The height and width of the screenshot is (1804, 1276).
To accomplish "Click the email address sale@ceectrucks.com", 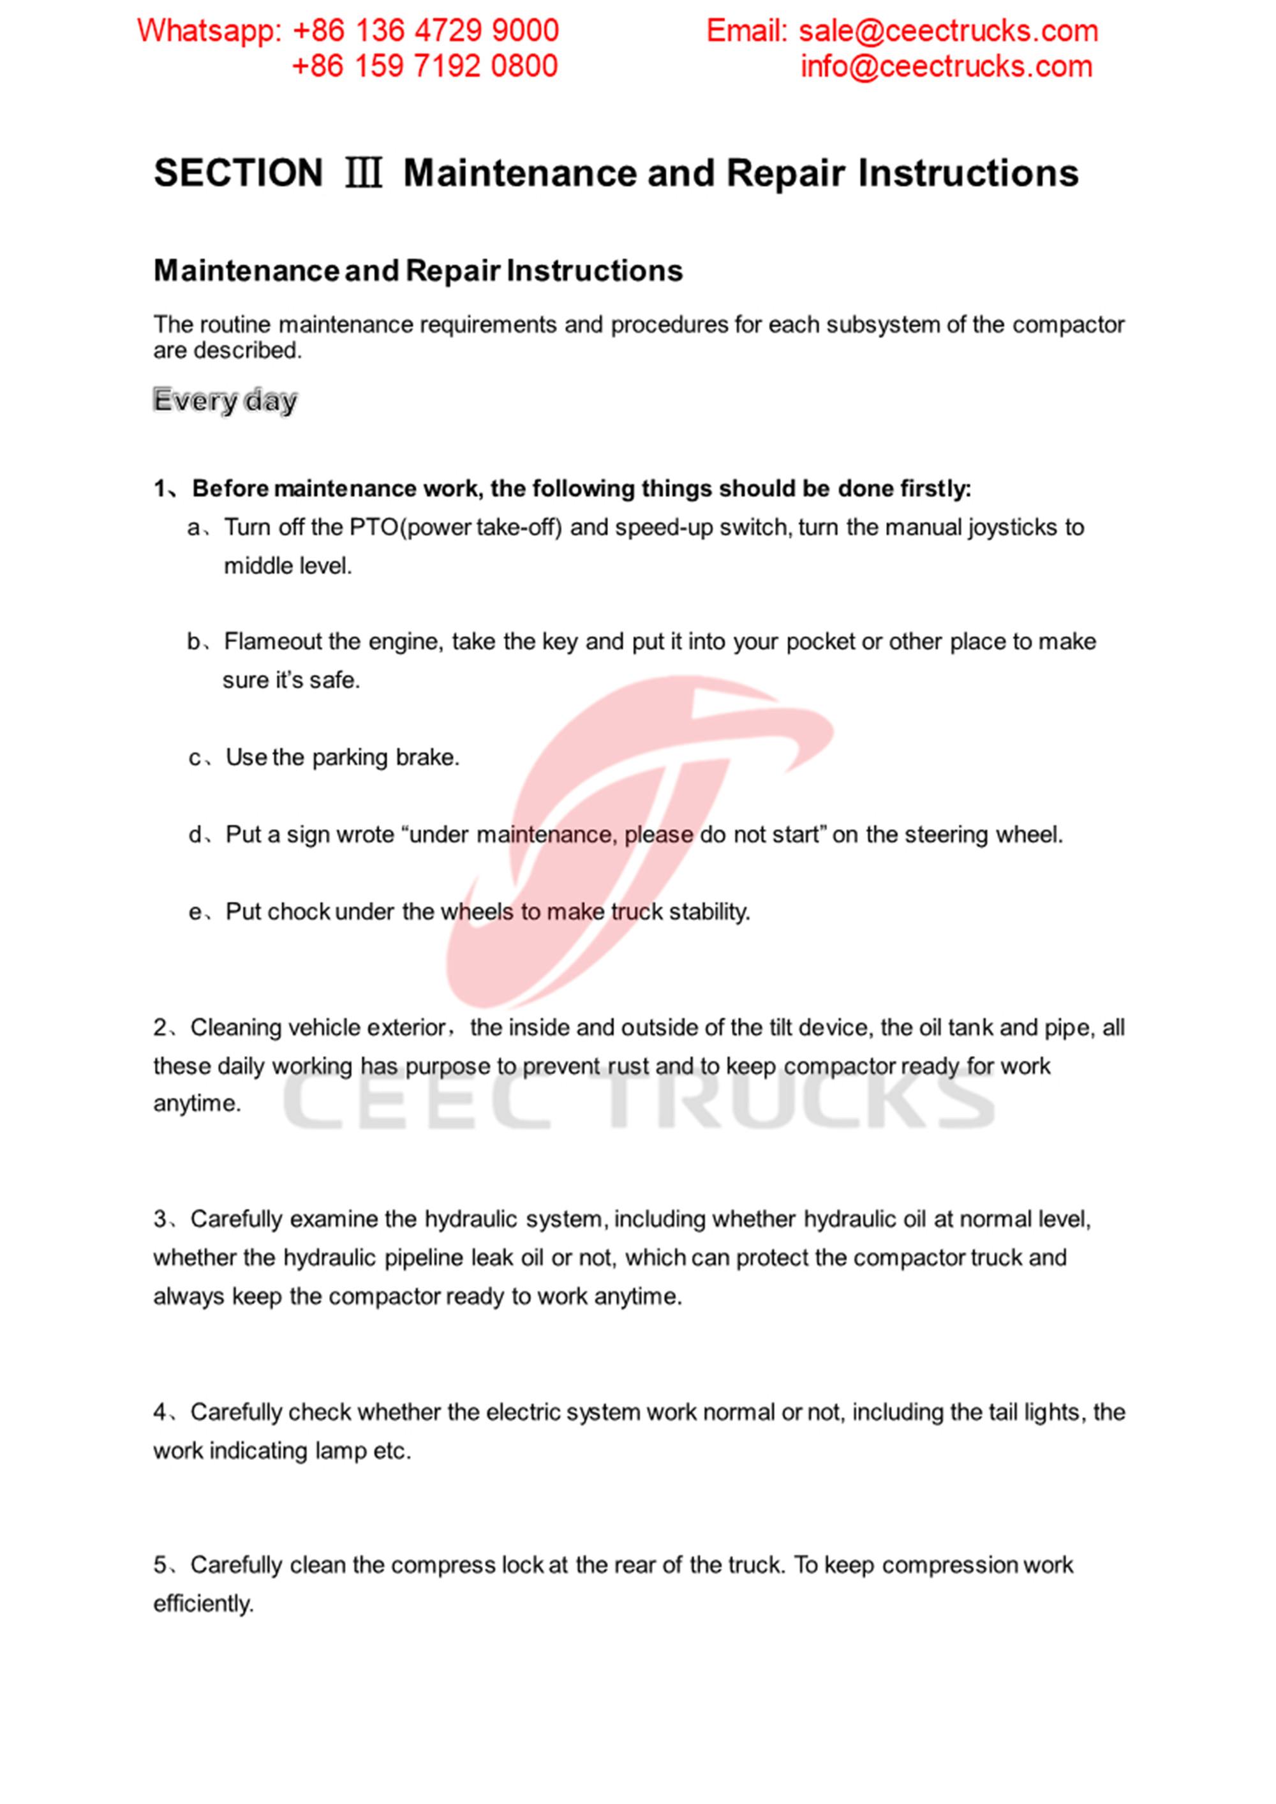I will [x=947, y=31].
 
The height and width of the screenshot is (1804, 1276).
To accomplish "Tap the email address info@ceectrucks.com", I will [x=946, y=67].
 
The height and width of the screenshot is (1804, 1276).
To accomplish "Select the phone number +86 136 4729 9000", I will [x=425, y=31].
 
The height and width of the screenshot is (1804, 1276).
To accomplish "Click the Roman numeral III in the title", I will [x=363, y=174].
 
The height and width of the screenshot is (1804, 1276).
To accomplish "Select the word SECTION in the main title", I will [x=238, y=174].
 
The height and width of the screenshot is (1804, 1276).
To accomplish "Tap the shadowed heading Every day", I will [x=225, y=401].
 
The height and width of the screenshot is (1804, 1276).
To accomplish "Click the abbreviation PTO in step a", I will [x=374, y=527].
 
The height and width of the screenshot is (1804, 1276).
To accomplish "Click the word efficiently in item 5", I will [x=203, y=1604].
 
